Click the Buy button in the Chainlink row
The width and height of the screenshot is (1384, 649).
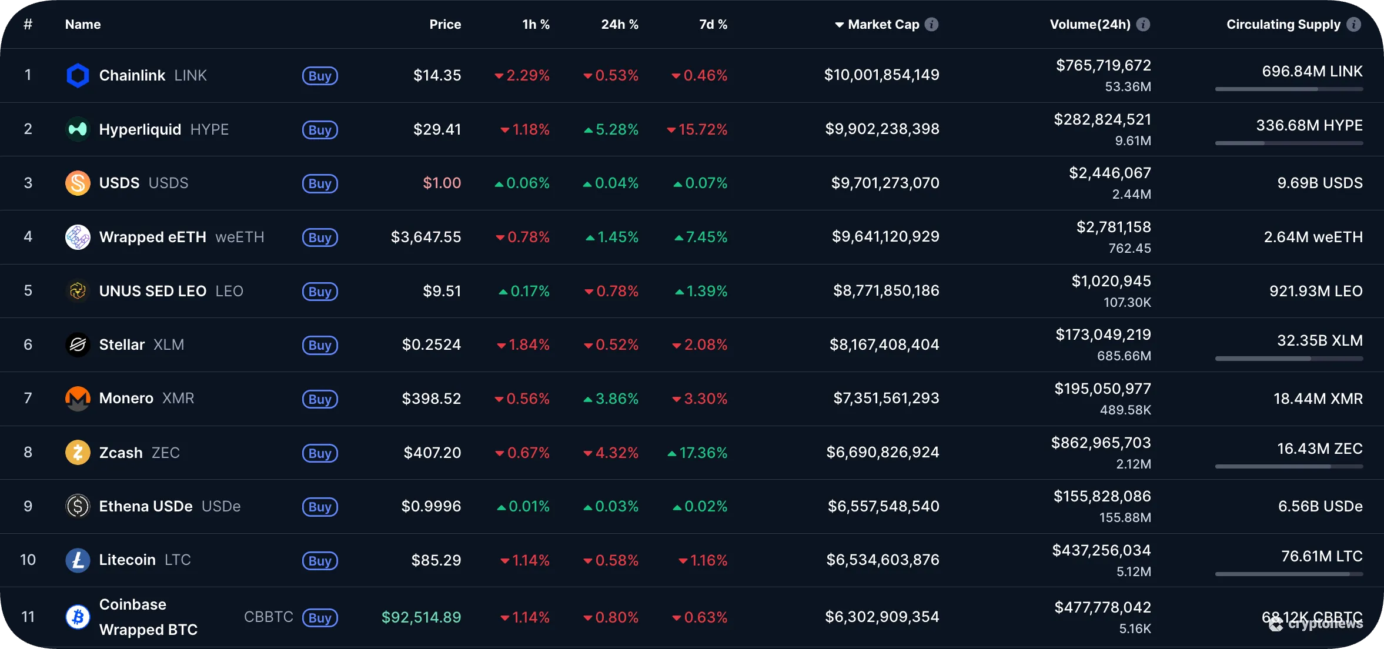click(320, 76)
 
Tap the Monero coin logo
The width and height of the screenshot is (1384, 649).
click(78, 399)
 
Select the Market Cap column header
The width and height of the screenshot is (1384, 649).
click(883, 25)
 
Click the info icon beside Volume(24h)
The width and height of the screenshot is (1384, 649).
click(1143, 25)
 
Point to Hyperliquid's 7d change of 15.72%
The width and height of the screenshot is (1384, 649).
click(697, 129)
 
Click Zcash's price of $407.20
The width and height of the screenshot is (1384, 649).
click(432, 453)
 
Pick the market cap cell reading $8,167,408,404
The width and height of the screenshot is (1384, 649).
click(884, 344)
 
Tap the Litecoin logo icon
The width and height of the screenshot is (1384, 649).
click(78, 560)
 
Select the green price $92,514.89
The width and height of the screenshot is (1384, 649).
click(421, 617)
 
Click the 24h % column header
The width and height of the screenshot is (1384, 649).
click(619, 25)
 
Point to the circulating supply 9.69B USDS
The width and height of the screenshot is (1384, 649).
click(1319, 183)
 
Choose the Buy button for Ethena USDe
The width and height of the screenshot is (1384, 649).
click(320, 507)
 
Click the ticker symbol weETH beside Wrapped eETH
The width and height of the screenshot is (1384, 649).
click(240, 237)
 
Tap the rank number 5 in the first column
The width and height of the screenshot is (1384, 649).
click(28, 291)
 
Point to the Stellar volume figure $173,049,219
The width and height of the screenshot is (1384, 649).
click(1103, 334)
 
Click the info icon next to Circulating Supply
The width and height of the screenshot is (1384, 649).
click(1354, 25)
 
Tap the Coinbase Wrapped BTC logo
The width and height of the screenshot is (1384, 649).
click(78, 617)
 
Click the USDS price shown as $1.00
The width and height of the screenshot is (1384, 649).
click(442, 183)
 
